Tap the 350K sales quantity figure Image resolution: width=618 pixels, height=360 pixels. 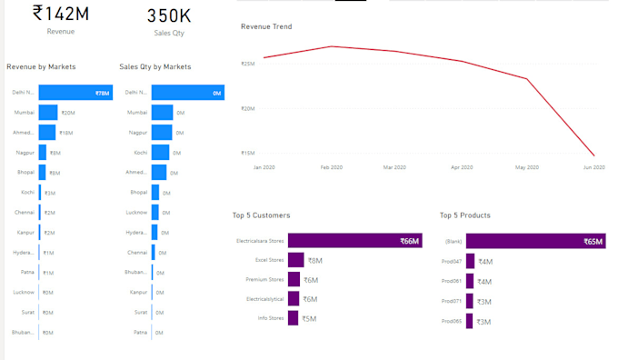[169, 15]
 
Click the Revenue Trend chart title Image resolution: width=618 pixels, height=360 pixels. [266, 26]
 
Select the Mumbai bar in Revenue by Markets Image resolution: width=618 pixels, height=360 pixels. [47, 112]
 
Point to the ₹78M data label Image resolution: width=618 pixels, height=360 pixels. [102, 93]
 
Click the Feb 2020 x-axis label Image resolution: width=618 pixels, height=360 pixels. [331, 167]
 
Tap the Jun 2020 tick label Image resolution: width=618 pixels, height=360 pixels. [593, 167]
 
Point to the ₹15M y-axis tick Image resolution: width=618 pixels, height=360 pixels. [247, 153]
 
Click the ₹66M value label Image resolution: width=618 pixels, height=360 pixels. [409, 241]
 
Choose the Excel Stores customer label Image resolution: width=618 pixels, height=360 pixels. [270, 260]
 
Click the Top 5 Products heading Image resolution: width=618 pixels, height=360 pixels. [465, 215]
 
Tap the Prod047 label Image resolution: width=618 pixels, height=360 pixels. [452, 261]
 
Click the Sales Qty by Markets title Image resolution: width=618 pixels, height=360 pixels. [155, 66]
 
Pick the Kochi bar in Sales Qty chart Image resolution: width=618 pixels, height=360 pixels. [160, 152]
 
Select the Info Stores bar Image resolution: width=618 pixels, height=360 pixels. [294, 318]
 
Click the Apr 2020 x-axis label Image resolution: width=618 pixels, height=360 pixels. [461, 167]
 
